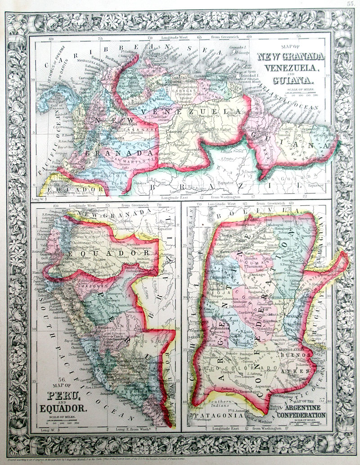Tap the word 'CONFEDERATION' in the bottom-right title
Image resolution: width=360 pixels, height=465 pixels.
(301, 415)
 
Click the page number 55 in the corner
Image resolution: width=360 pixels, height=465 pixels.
(351, 4)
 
